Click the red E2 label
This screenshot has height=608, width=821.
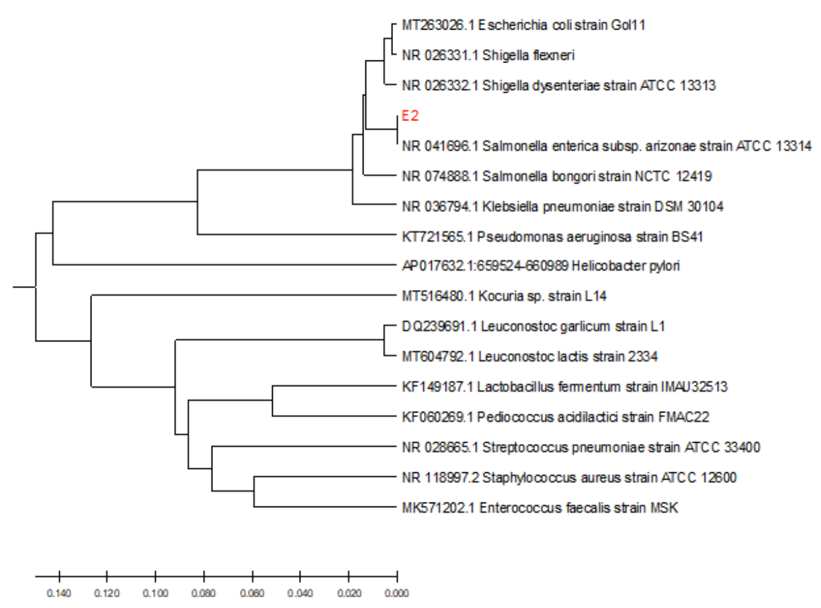click(x=410, y=116)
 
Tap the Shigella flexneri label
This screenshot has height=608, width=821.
click(x=488, y=55)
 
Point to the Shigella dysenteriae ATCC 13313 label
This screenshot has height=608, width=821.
click(x=558, y=85)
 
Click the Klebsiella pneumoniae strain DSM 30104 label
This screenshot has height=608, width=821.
click(x=562, y=206)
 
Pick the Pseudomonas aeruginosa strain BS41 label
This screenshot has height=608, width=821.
click(x=552, y=236)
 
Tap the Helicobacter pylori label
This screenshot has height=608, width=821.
click(x=541, y=266)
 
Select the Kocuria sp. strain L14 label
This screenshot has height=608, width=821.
click(x=504, y=296)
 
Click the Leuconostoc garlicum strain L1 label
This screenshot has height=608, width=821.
click(x=533, y=327)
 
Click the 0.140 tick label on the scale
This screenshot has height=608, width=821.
click(x=59, y=593)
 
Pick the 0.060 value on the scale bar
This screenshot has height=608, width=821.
click(x=252, y=593)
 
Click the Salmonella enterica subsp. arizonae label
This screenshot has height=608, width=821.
click(x=607, y=146)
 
